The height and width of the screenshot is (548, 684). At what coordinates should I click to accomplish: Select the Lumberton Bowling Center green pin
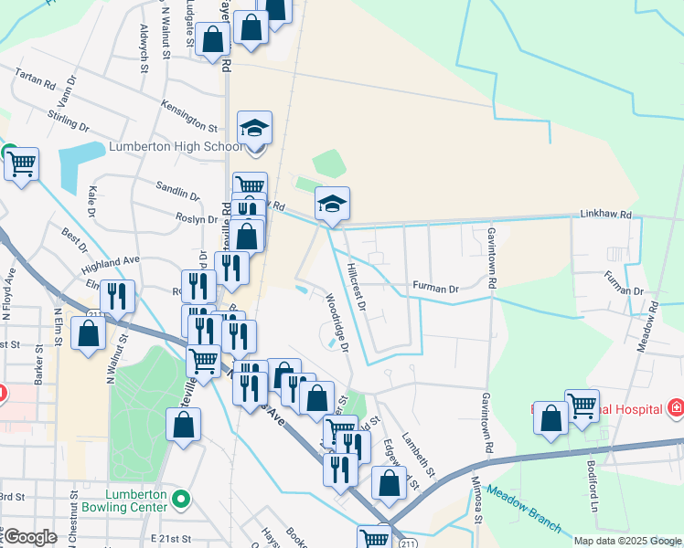pyautogui.click(x=181, y=499)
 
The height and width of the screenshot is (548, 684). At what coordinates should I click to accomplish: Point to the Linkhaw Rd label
pyautogui.click(x=605, y=216)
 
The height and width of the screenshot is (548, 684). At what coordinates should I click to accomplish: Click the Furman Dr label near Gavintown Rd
pyautogui.click(x=434, y=287)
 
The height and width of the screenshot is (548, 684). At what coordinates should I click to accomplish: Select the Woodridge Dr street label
pyautogui.click(x=336, y=321)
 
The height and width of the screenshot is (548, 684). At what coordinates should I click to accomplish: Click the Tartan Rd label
pyautogui.click(x=36, y=79)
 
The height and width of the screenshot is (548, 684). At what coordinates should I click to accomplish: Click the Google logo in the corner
pyautogui.click(x=30, y=537)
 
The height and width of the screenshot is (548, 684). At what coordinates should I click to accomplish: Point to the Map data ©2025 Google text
pyautogui.click(x=627, y=541)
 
